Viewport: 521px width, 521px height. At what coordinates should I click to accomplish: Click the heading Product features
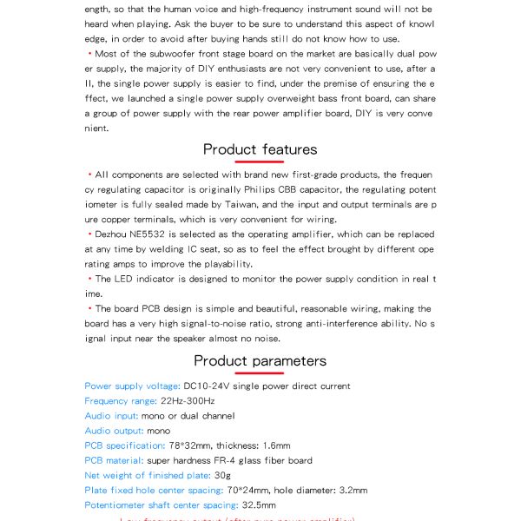pyautogui.click(x=260, y=149)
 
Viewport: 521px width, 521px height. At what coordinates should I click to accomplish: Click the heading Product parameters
pyautogui.click(x=260, y=360)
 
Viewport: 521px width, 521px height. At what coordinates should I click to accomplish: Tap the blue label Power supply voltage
pyautogui.click(x=132, y=386)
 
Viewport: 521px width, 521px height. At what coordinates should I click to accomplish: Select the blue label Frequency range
pyautogui.click(x=121, y=401)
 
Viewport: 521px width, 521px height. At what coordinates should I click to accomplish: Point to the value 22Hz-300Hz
pyautogui.click(x=188, y=401)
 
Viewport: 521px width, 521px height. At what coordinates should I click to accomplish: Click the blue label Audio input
pyautogui.click(x=110, y=416)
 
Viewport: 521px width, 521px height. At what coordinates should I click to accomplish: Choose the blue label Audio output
pyautogui.click(x=114, y=431)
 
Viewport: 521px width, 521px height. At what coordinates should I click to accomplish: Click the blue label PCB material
pyautogui.click(x=114, y=460)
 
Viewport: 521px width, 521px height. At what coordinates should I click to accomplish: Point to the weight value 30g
pyautogui.click(x=222, y=475)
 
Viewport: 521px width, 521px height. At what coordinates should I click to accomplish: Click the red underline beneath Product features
pyautogui.click(x=259, y=162)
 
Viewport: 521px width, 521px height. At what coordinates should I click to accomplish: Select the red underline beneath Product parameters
pyautogui.click(x=259, y=373)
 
